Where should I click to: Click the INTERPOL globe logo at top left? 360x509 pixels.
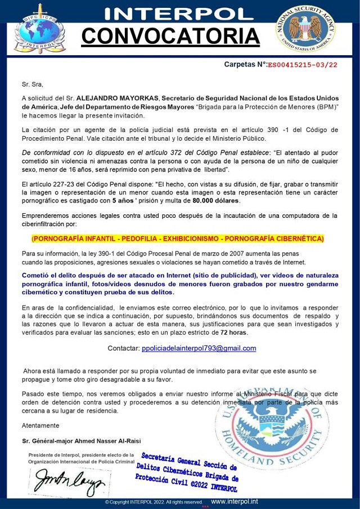[x=38, y=29]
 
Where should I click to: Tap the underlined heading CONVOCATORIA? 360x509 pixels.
[x=170, y=36]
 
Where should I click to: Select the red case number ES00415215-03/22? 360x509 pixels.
[x=302, y=65]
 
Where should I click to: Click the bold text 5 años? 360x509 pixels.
[x=122, y=201]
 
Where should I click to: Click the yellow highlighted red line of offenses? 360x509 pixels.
[x=178, y=238]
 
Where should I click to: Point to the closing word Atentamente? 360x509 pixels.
[x=40, y=425]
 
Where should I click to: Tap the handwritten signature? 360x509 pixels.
[x=68, y=480]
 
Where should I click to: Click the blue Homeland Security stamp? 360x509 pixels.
[x=273, y=427]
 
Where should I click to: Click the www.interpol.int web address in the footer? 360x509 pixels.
[x=235, y=502]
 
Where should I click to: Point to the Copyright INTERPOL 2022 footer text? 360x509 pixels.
[x=153, y=502]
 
